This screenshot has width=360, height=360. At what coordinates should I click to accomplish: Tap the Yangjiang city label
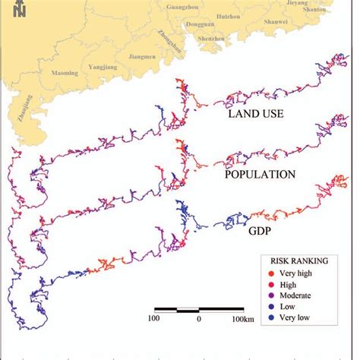click(x=103, y=65)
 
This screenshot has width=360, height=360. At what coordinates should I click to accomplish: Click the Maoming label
click(x=64, y=73)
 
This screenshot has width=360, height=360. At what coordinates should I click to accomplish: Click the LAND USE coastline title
click(x=257, y=115)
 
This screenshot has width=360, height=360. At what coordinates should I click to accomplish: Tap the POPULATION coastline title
click(x=260, y=174)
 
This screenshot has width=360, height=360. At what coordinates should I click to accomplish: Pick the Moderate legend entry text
click(x=302, y=295)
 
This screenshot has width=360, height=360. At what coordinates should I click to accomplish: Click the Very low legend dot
click(x=272, y=318)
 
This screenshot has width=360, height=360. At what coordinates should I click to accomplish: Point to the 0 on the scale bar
click(x=198, y=319)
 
